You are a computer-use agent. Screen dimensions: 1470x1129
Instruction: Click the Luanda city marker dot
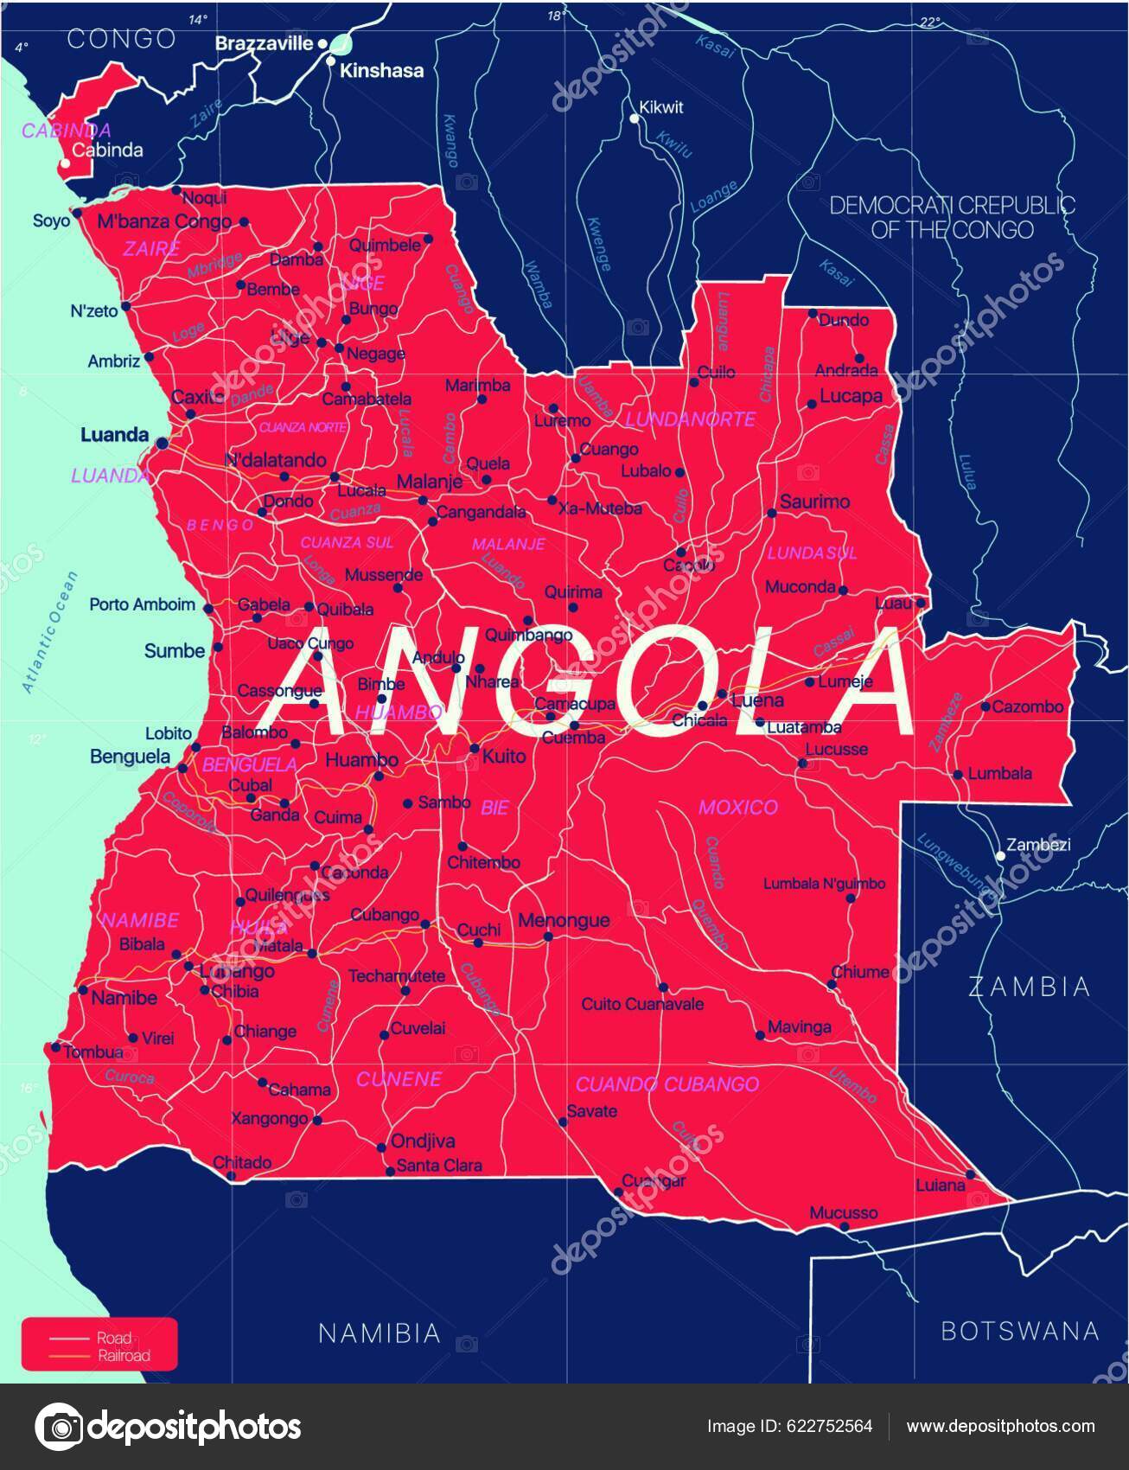pyautogui.click(x=163, y=443)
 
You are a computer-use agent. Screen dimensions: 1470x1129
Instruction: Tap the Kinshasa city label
pyautogui.click(x=381, y=71)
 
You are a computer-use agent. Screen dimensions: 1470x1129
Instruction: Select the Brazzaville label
pyautogui.click(x=264, y=43)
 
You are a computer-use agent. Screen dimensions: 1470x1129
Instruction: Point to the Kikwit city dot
pyautogui.click(x=634, y=118)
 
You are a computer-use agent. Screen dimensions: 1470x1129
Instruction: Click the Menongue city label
pyautogui.click(x=564, y=920)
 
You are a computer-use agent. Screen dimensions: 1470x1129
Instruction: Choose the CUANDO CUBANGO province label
pyautogui.click(x=667, y=1083)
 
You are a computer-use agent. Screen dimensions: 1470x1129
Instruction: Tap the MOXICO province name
pyautogui.click(x=737, y=807)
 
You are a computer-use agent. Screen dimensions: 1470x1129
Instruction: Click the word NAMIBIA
pyautogui.click(x=379, y=1333)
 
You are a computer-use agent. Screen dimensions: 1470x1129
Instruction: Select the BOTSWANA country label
pyautogui.click(x=1019, y=1330)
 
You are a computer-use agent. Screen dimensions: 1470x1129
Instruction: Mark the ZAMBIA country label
pyautogui.click(x=1029, y=987)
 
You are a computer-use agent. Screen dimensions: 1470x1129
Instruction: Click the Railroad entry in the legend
pyautogui.click(x=123, y=1356)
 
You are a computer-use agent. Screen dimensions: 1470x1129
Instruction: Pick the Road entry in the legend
pyautogui.click(x=114, y=1339)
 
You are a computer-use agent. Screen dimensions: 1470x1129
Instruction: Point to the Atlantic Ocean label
pyautogui.click(x=49, y=631)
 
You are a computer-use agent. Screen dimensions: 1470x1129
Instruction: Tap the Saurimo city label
pyautogui.click(x=814, y=502)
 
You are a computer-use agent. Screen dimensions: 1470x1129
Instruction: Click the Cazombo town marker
pyautogui.click(x=985, y=706)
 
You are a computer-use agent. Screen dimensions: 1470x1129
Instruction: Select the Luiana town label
pyautogui.click(x=940, y=1185)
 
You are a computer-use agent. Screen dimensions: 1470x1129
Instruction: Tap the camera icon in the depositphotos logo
pyautogui.click(x=59, y=1426)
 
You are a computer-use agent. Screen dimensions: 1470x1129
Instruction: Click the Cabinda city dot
pyautogui.click(x=65, y=163)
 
